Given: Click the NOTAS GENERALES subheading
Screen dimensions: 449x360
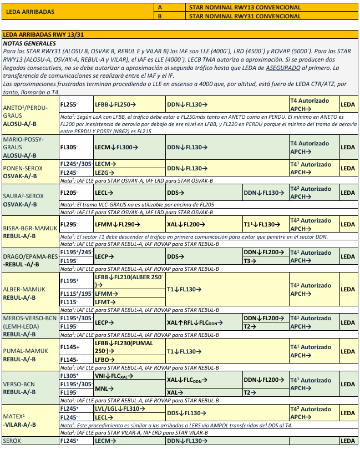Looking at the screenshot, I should click(29, 43).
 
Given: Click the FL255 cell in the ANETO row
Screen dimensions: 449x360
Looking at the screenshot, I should click(69, 104).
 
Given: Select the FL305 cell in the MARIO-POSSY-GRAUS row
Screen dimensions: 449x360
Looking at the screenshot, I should click(69, 148).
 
